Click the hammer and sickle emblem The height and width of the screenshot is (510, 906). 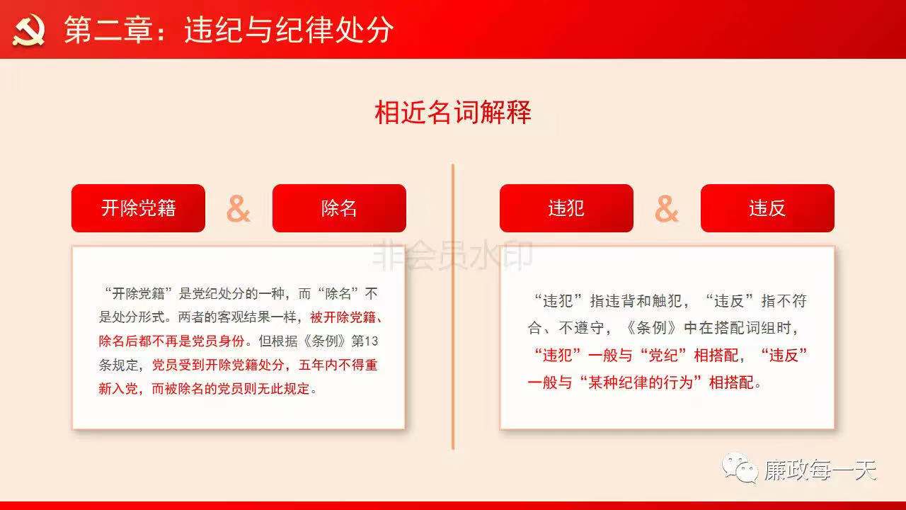coord(28,30)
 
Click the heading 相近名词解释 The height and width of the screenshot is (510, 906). coord(452,112)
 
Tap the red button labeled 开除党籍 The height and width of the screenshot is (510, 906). coord(138,208)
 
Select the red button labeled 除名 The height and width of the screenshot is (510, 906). coord(339,208)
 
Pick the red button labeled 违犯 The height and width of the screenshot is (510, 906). coord(566,208)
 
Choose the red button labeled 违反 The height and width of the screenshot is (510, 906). coord(767,208)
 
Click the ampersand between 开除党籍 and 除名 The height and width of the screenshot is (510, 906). coord(239,209)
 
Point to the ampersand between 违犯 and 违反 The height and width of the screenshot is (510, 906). coord(667,209)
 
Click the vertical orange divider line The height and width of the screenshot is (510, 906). coord(453,307)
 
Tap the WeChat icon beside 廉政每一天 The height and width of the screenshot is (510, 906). coord(740,468)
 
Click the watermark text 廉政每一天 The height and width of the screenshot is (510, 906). coord(820,470)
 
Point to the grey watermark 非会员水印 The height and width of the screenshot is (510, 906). coord(452,254)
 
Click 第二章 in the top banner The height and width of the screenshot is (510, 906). coord(108,30)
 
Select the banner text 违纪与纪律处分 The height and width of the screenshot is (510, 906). coord(289,30)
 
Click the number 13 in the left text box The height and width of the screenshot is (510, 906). coord(371,341)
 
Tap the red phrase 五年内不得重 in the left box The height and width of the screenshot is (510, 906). coord(338,365)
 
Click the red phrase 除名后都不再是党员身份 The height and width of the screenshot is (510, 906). coord(171,341)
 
